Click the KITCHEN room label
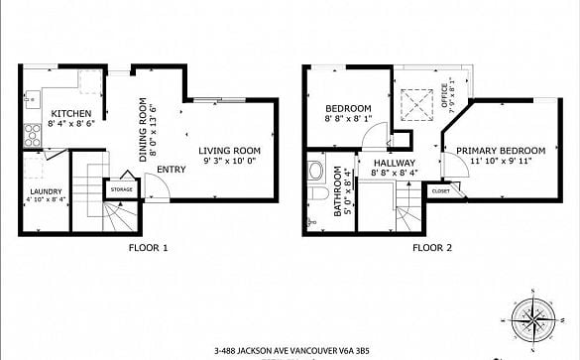point(71,113)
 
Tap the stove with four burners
point(33,136)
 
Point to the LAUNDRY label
point(46,191)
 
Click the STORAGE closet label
point(122,189)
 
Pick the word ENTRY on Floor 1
point(172,170)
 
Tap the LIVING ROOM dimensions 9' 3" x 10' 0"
point(230,161)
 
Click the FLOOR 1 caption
point(148,248)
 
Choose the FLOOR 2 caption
point(432,248)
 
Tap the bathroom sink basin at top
point(316,171)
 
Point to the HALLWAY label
point(395,163)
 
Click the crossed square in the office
point(416,105)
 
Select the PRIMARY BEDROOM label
point(501,151)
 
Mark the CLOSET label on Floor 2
point(441,191)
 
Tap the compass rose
point(533,320)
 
